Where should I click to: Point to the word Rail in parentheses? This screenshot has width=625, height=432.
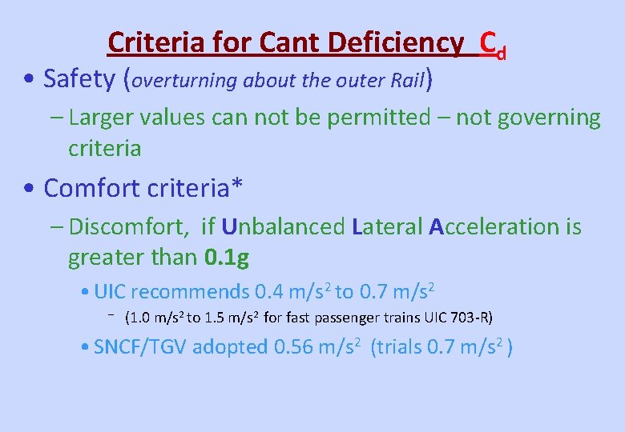tap(409, 80)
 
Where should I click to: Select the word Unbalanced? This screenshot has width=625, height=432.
tap(283, 226)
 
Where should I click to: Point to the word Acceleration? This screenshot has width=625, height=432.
tap(496, 226)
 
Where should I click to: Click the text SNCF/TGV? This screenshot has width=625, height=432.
tap(140, 347)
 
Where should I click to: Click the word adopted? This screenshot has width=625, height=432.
tap(230, 347)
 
